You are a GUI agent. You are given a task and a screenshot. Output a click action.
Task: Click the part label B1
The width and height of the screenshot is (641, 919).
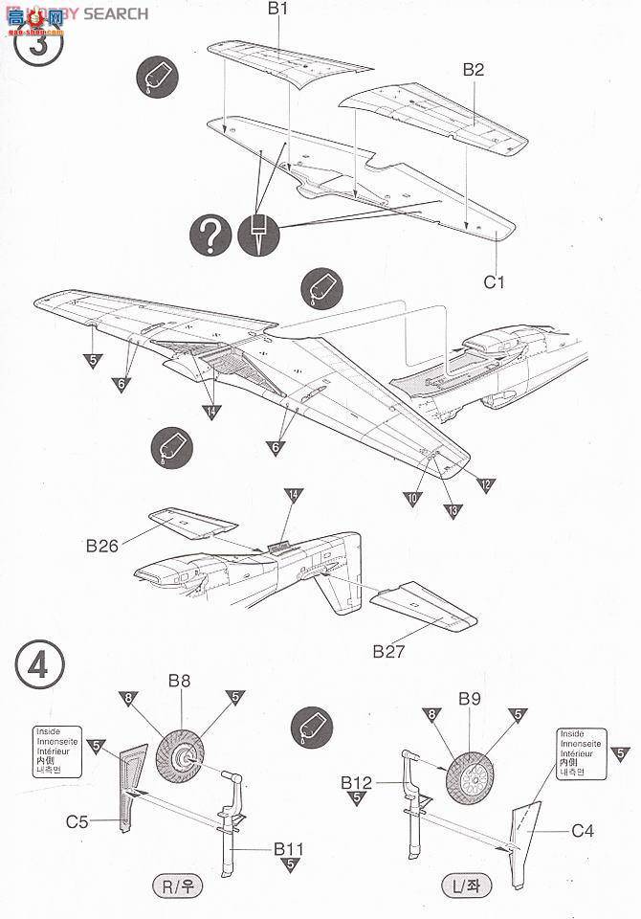[277, 11]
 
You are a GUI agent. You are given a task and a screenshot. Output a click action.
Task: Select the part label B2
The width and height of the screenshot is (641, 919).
[474, 69]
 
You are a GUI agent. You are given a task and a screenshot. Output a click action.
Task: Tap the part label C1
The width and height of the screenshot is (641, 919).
[494, 281]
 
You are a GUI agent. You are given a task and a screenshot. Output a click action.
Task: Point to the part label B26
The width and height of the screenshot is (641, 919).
[102, 547]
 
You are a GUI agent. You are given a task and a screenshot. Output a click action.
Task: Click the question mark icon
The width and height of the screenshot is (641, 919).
[210, 234]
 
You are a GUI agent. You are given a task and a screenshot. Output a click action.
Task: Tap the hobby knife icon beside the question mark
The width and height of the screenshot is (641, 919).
[257, 235]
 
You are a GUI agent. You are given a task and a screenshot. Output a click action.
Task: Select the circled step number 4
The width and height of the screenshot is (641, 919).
[39, 664]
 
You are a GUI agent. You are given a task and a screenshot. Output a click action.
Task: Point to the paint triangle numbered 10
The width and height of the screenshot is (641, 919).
[412, 498]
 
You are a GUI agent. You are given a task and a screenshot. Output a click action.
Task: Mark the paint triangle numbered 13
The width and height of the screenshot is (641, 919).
[451, 509]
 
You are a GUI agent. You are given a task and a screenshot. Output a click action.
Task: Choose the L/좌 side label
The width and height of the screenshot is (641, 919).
[468, 885]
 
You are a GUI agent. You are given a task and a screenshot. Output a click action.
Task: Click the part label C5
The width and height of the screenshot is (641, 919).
[77, 820]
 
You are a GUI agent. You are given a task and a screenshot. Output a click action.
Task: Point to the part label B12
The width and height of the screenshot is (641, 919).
[356, 782]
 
